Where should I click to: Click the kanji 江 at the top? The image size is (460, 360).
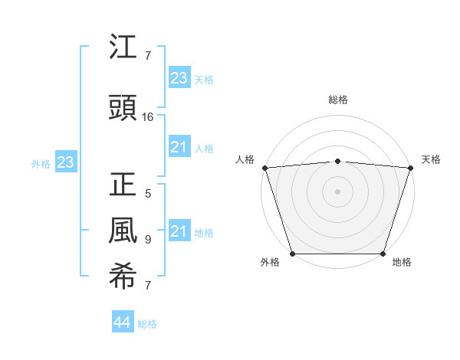coord(123,50)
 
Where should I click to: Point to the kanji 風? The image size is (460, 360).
coord(123,231)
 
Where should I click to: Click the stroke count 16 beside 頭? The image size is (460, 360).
coord(148,117)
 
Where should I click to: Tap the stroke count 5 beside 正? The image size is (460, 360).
coord(148,194)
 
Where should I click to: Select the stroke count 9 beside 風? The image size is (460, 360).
coord(148,239)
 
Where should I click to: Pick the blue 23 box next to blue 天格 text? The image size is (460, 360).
coord(179,77)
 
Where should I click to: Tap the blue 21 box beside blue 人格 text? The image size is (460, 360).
coord(179,147)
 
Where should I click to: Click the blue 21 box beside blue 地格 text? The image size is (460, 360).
coord(179,231)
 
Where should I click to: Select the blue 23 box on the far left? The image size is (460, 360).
coord(66,162)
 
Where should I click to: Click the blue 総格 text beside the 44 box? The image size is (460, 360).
coord(147,324)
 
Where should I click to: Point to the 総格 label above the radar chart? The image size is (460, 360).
coord(337,100)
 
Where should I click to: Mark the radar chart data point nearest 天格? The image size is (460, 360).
coord(410,168)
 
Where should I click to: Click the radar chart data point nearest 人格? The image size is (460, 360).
coord(264,168)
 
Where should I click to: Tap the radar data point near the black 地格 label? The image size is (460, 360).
coord(383,254)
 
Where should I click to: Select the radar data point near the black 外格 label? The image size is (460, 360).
coord(292,254)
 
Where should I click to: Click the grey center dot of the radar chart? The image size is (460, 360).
coord(337,191)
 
